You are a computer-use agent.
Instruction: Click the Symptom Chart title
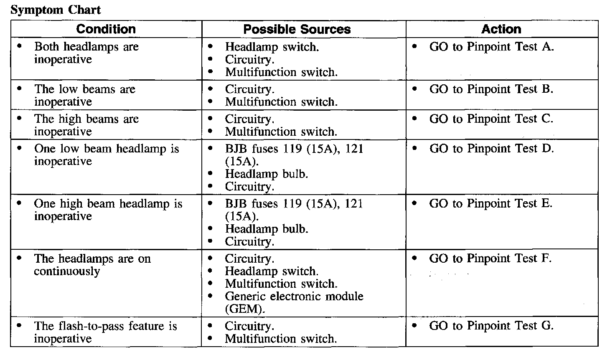56,10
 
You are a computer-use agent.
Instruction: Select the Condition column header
106,29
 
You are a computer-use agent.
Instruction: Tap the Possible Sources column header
297,29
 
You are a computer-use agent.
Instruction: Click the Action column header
501,29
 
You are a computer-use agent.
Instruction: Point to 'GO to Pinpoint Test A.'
491,47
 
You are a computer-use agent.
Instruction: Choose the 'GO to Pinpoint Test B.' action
491,89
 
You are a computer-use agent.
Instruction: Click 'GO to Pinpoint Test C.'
491,119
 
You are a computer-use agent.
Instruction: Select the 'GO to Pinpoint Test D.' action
491,149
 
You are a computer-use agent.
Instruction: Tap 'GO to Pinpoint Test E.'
490,204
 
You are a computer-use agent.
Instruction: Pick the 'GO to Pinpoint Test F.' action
490,259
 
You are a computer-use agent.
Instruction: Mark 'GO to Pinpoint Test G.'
491,326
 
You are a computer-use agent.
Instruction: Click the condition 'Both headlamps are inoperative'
86,53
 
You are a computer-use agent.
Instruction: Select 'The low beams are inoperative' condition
84,95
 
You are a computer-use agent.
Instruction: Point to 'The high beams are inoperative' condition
86,125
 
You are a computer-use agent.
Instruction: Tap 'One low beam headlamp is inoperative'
106,155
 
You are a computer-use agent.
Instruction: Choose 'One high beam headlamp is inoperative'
108,210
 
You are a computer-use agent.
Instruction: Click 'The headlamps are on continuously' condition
92,265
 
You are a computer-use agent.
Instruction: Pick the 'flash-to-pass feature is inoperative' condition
105,332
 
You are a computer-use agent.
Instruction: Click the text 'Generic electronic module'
294,297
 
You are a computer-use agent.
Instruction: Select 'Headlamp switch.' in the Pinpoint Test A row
272,47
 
